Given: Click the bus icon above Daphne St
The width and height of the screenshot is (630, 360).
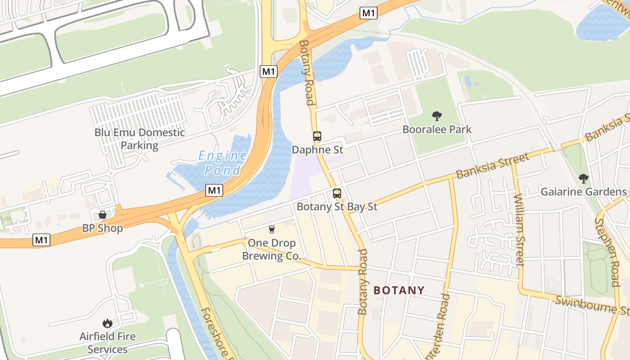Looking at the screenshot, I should pyautogui.click(x=317, y=136).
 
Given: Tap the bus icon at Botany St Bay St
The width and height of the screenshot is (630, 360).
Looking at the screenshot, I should pyautogui.click(x=337, y=193).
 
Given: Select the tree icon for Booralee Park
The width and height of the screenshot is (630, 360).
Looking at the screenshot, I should pyautogui.click(x=436, y=116).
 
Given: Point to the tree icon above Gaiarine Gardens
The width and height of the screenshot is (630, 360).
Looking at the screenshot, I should pyautogui.click(x=584, y=179).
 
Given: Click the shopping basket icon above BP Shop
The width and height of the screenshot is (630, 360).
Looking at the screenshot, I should pyautogui.click(x=103, y=215).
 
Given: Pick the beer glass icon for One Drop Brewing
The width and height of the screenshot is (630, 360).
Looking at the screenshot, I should pyautogui.click(x=271, y=229).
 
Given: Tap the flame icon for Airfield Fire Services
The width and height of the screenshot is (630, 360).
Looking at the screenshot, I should pyautogui.click(x=107, y=323).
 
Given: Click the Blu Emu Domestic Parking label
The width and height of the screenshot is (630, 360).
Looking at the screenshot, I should pyautogui.click(x=139, y=139).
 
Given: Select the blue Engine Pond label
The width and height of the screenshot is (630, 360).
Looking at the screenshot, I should pyautogui.click(x=223, y=163).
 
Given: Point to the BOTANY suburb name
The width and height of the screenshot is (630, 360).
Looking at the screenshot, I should pyautogui.click(x=399, y=290).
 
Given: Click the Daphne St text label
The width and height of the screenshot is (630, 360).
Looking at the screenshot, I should pyautogui.click(x=317, y=149).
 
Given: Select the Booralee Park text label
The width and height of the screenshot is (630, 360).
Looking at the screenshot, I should pyautogui.click(x=437, y=130).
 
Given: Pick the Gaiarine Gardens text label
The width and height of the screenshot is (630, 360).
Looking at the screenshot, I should pyautogui.click(x=583, y=192).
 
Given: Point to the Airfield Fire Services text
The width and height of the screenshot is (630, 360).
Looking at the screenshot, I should pyautogui.click(x=108, y=342).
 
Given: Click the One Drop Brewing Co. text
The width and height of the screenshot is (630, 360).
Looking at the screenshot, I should pyautogui.click(x=272, y=249).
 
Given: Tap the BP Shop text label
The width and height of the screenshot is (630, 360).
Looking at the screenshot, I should pyautogui.click(x=102, y=228).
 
